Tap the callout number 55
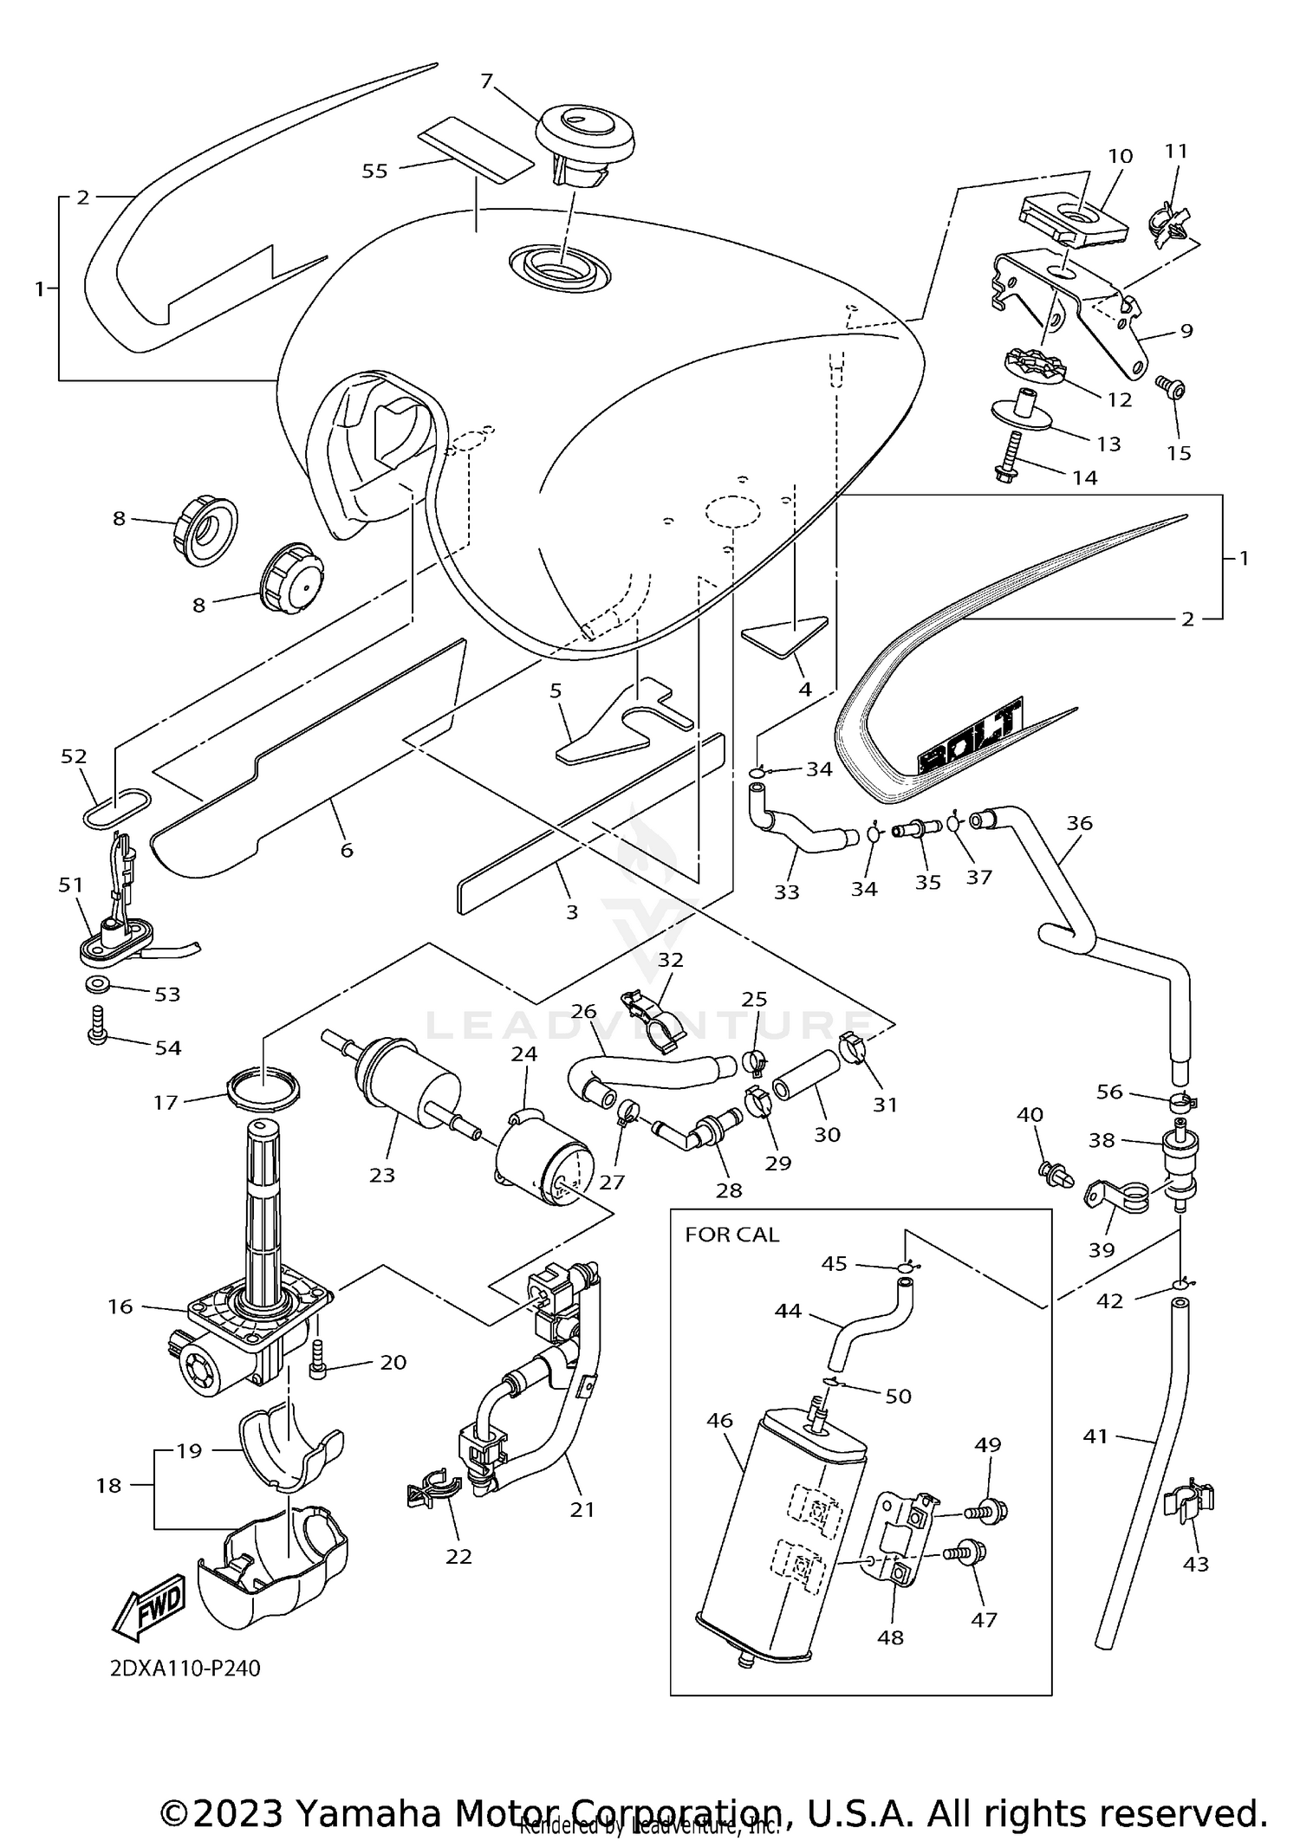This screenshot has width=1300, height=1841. tap(374, 171)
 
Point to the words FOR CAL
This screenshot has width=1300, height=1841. tap(731, 1235)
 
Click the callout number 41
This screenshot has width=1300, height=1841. tap(1095, 1436)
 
